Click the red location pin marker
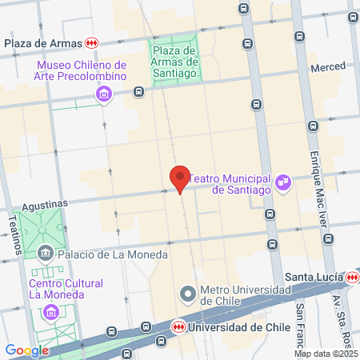[x=180, y=178]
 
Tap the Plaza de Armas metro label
[x=44, y=42]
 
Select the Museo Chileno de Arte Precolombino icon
[x=103, y=96]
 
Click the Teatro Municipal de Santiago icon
[x=282, y=184]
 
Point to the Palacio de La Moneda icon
[x=46, y=254]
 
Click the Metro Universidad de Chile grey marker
[x=187, y=294]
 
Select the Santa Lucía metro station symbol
[x=353, y=277]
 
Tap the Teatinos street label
[x=14, y=234]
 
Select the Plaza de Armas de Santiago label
[x=174, y=62]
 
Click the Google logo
[x=26, y=350]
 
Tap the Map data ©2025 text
[x=326, y=354]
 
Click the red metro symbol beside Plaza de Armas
[x=93, y=42]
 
